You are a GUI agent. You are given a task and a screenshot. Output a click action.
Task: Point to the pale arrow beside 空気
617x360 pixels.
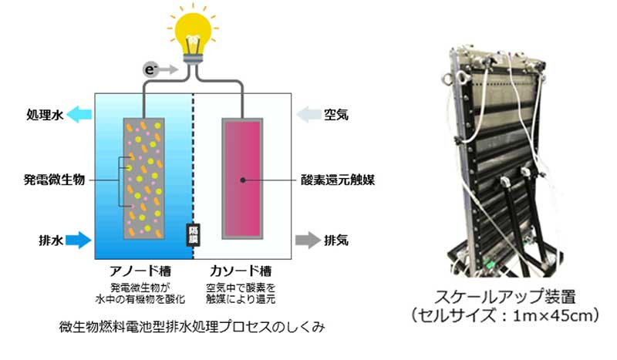[x=309, y=116]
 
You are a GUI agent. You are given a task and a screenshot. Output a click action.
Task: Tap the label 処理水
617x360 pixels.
[x=39, y=116]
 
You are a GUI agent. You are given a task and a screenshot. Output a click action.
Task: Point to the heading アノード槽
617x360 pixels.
[x=142, y=271]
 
